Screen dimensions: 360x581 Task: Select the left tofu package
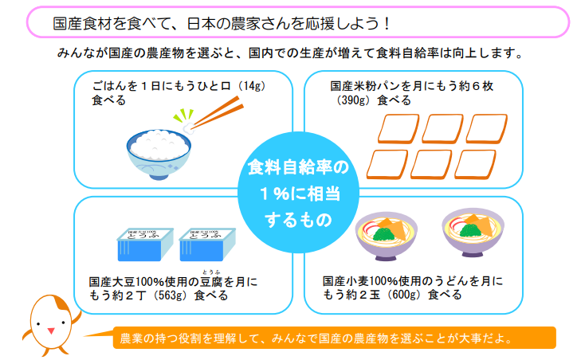(x=143, y=245)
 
